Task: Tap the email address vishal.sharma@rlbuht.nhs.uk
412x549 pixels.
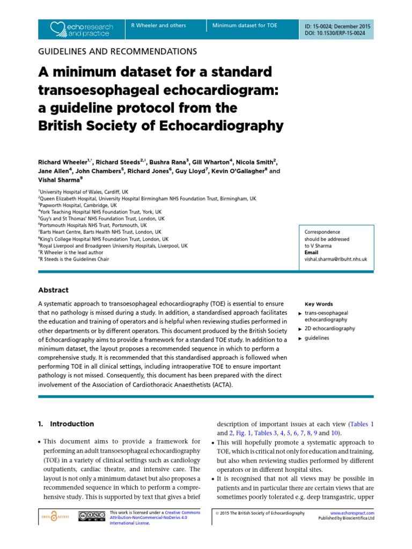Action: click(335, 258)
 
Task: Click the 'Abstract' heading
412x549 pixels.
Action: click(53, 290)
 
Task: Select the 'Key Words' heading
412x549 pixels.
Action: click(319, 303)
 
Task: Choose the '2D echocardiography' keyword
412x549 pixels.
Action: click(329, 328)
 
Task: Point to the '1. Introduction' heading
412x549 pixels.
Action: click(66, 424)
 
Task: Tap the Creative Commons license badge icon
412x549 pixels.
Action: click(91, 516)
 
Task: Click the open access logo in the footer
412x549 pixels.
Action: click(54, 516)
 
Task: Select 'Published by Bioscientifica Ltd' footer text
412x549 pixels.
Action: click(346, 518)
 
